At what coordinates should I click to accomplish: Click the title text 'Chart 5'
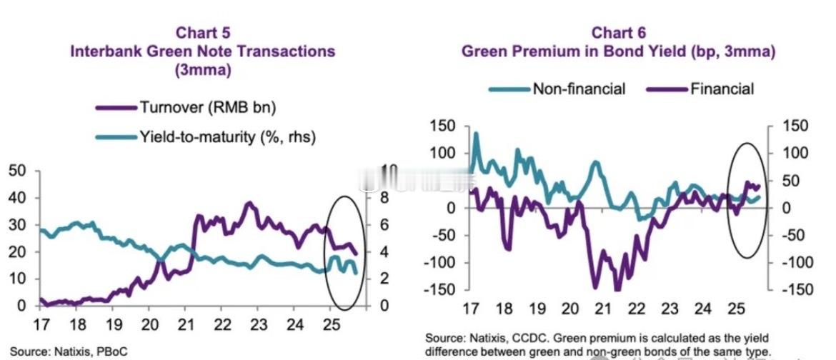(203, 33)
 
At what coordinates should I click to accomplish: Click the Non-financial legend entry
(579, 89)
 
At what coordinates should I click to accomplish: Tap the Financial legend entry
(722, 89)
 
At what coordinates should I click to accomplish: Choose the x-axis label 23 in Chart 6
(669, 309)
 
